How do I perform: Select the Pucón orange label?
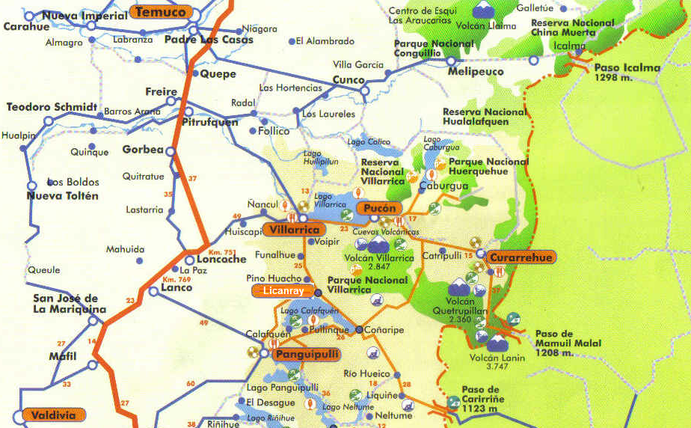click(379, 208)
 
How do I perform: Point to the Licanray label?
click(283, 290)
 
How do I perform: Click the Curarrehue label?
click(521, 257)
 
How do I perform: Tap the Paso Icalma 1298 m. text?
click(627, 72)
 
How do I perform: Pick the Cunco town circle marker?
click(364, 91)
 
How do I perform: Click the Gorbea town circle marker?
click(170, 151)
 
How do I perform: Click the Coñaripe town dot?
click(359, 329)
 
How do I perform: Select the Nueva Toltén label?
click(62, 196)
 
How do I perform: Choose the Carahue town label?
click(26, 26)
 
